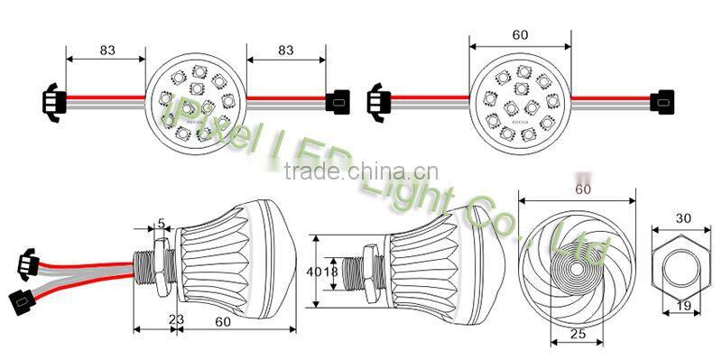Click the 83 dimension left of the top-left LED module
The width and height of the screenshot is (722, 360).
[x=106, y=51]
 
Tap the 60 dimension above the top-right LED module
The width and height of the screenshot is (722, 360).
[x=519, y=34]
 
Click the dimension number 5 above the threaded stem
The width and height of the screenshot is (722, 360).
[x=161, y=223]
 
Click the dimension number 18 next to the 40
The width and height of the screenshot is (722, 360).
[x=329, y=271]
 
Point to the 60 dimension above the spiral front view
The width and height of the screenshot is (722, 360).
[x=582, y=190]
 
